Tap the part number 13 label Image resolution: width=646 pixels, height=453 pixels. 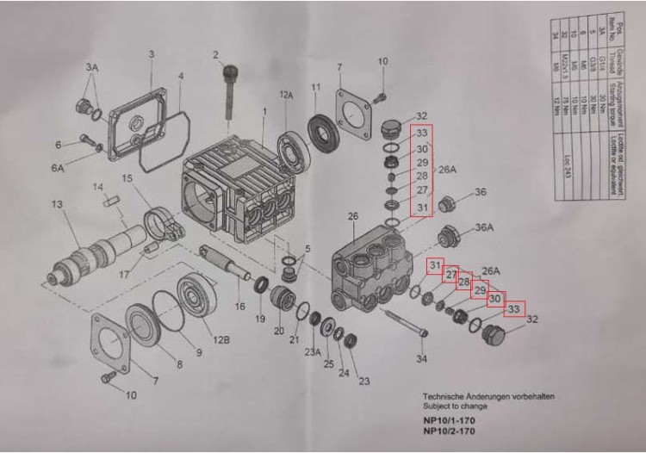pyautogui.click(x=57, y=204)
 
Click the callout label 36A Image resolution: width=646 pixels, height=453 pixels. pyautogui.click(x=484, y=227)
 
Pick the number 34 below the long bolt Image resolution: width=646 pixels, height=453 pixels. pyautogui.click(x=421, y=358)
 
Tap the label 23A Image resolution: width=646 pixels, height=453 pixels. pyautogui.click(x=313, y=351)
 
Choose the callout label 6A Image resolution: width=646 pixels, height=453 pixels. pyautogui.click(x=58, y=169)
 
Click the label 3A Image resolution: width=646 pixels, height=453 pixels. pyautogui.click(x=92, y=66)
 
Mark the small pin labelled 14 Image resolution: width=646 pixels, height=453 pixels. pyautogui.click(x=109, y=203)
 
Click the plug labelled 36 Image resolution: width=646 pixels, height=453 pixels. pyautogui.click(x=447, y=204)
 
